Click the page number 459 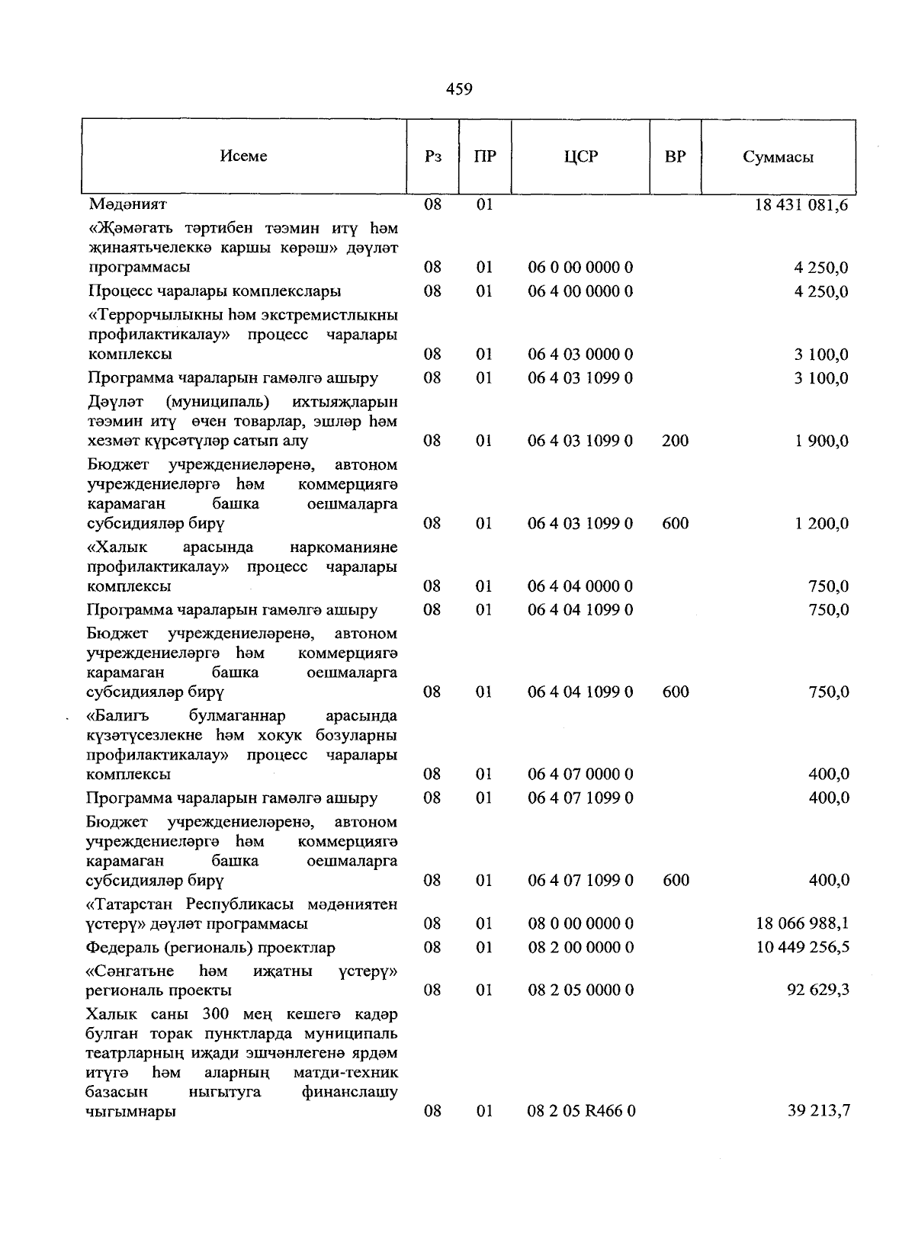click(x=459, y=90)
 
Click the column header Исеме click(x=243, y=156)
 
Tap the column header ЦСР click(x=581, y=157)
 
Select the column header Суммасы click(x=778, y=158)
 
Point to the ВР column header click(x=675, y=157)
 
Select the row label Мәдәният click(x=127, y=204)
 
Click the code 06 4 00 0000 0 click(x=580, y=291)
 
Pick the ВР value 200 click(x=676, y=441)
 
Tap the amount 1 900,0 click(x=822, y=441)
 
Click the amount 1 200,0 click(x=822, y=524)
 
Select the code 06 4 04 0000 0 click(x=580, y=586)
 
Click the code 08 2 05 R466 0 click(x=581, y=1112)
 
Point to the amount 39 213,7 click(x=818, y=1112)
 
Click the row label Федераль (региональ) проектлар click(x=211, y=948)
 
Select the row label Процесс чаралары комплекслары click(x=214, y=291)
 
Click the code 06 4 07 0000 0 click(x=580, y=775)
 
